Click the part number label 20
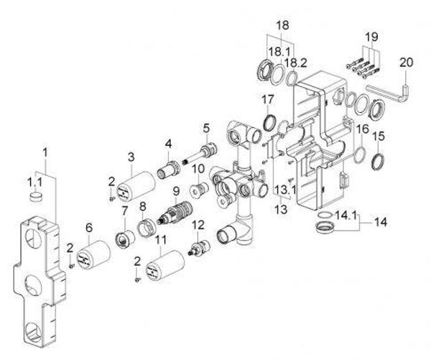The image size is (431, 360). (x=407, y=63)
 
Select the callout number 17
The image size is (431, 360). (x=268, y=100)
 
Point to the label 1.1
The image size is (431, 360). (x=34, y=182)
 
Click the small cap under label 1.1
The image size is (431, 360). (x=36, y=197)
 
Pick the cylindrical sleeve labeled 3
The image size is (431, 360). (x=136, y=188)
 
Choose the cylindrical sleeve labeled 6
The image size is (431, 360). (x=93, y=254)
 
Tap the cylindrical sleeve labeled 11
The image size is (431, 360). (x=165, y=266)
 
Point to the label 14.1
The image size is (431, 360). (x=346, y=215)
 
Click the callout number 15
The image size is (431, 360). (x=379, y=137)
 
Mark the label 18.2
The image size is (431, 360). (x=295, y=63)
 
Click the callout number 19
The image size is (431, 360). (x=371, y=37)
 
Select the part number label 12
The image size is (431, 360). (x=198, y=225)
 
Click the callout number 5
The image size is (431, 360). (x=206, y=128)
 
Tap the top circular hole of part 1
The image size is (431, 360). (x=34, y=238)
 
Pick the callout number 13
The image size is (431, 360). (x=281, y=210)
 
